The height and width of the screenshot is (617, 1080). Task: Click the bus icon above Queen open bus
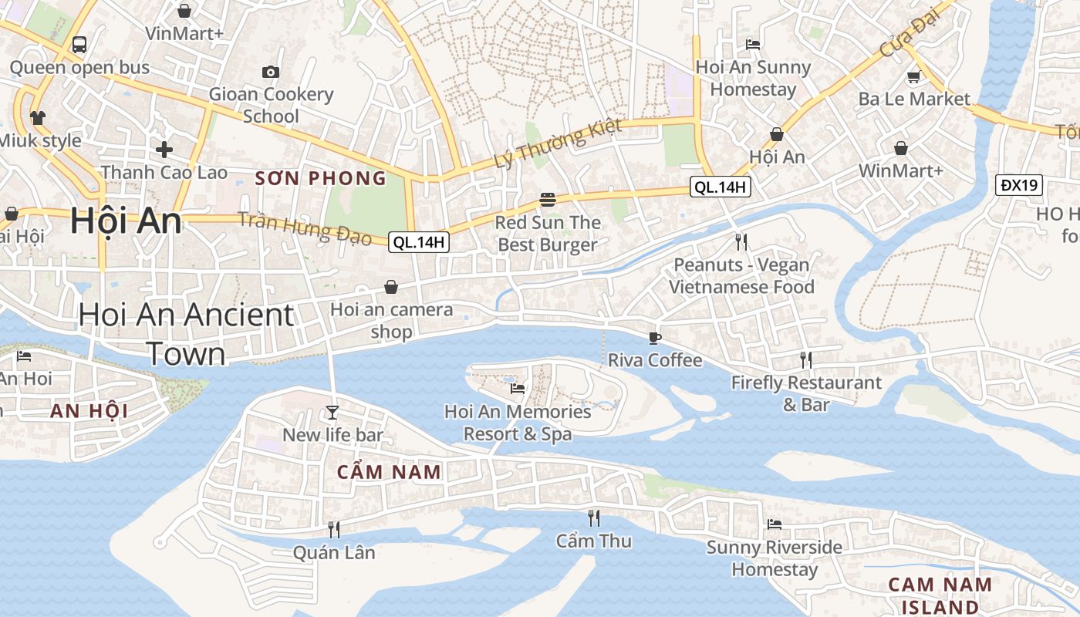click(x=79, y=44)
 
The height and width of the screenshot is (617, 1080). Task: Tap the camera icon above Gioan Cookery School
click(x=271, y=72)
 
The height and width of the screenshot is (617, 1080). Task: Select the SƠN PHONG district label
click(x=320, y=179)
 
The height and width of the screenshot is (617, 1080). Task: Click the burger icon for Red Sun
click(x=548, y=200)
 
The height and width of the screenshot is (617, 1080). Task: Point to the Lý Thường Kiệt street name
click(x=558, y=144)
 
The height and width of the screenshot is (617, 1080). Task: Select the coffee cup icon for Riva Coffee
click(x=654, y=337)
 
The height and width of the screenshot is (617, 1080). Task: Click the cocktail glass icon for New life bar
click(x=332, y=412)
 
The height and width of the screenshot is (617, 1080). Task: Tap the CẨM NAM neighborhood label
click(x=389, y=472)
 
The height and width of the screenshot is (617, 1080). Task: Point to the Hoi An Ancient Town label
click(x=186, y=334)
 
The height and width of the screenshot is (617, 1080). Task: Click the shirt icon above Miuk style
click(x=38, y=117)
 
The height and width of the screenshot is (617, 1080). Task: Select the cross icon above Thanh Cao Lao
click(x=164, y=149)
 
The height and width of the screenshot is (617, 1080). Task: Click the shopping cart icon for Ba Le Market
click(x=914, y=76)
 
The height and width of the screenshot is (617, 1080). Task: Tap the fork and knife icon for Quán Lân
click(x=334, y=529)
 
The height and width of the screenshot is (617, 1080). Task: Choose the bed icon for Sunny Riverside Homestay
click(x=775, y=524)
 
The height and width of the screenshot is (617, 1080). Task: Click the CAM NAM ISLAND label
click(x=940, y=595)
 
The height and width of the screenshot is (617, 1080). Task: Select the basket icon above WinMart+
click(x=900, y=147)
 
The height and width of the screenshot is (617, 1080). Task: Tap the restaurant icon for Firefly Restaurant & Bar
click(x=806, y=359)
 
